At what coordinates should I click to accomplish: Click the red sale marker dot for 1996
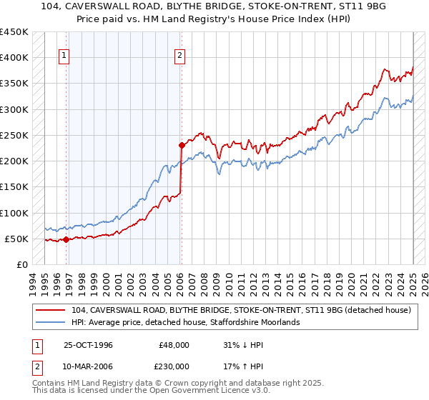click(66, 240)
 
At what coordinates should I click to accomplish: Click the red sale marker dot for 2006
click(181, 145)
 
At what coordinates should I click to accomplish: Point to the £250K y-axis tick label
click(14, 135)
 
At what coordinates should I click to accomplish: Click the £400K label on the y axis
click(14, 57)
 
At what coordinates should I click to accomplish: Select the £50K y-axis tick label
click(16, 239)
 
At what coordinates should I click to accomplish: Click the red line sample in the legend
click(51, 310)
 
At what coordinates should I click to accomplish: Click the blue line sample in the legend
click(51, 322)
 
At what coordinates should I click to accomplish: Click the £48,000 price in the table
click(174, 344)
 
